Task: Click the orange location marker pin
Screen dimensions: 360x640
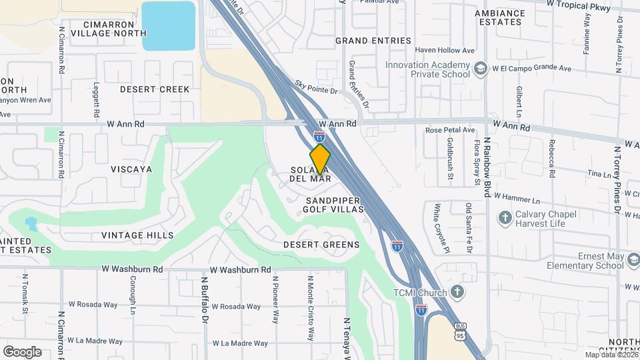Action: [320, 159]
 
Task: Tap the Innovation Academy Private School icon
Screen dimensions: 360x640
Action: [479, 69]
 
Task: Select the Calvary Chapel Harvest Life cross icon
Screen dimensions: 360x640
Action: [505, 218]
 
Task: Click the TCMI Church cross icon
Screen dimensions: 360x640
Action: [457, 291]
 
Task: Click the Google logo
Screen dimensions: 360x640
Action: [22, 351]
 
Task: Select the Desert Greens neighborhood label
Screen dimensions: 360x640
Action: [321, 245]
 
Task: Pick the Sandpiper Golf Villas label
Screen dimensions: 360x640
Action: [334, 205]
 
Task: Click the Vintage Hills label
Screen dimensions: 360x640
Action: [137, 235]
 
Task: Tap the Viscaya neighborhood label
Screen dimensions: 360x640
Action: [132, 169]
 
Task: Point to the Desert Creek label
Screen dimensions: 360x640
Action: [155, 89]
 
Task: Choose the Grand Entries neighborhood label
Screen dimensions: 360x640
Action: [373, 41]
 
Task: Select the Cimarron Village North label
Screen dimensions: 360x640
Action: [108, 28]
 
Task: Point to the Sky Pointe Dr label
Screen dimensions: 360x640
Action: [317, 87]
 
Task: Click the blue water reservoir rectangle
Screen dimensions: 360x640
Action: [169, 25]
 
